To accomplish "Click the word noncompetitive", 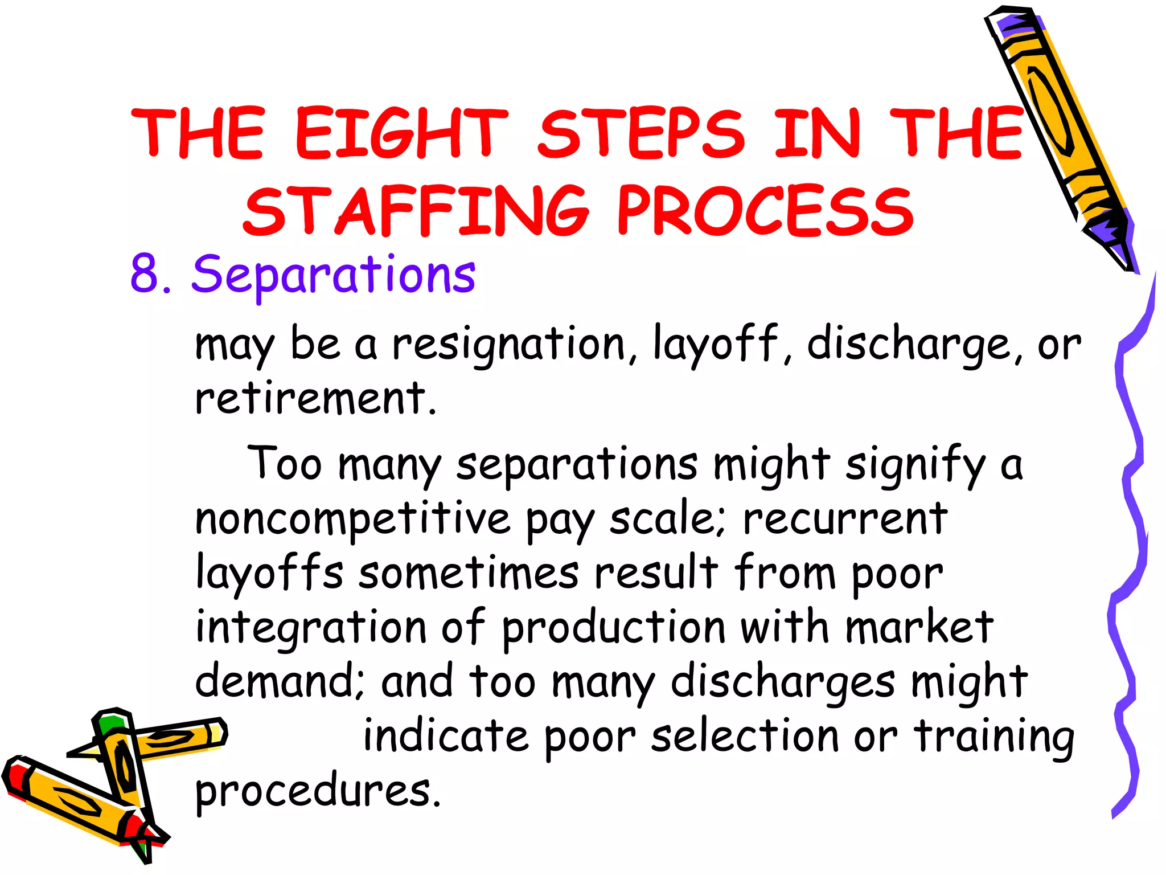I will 352,520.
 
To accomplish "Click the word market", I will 919,627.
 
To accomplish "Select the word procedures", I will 317,792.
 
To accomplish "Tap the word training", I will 994,737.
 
